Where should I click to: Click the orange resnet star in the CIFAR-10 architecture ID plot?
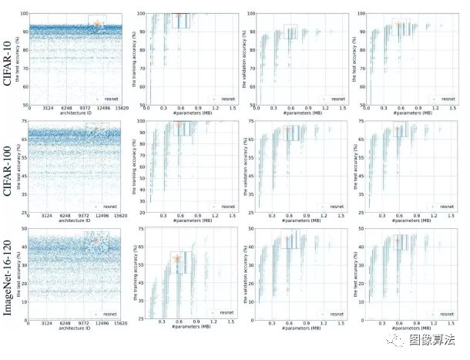pos(98,25)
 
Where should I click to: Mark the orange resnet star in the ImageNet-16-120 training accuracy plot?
pos(178,259)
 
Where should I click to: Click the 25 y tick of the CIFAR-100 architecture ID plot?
pos(25,212)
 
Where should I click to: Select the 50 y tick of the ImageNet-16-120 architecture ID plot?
pos(25,229)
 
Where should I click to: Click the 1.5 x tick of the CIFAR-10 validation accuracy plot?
pos(342,109)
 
